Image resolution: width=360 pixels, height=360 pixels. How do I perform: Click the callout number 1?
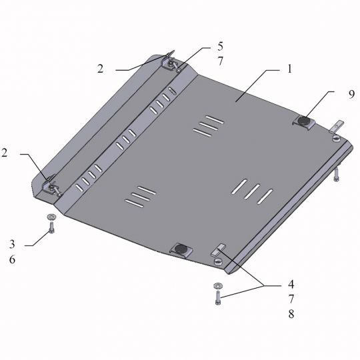290,69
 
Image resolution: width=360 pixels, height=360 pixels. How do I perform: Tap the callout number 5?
220,47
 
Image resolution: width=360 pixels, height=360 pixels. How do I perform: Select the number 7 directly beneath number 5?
220,61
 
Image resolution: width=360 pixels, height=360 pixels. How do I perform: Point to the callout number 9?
351,95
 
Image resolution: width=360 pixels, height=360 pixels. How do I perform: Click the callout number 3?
12,244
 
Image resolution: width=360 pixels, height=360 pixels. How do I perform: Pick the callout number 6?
12,259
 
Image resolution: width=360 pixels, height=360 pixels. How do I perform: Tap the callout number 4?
291,284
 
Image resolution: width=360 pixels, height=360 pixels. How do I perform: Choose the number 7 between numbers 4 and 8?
291,299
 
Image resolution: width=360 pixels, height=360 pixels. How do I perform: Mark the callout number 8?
291,314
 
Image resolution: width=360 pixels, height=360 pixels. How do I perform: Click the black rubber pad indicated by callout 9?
303,121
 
